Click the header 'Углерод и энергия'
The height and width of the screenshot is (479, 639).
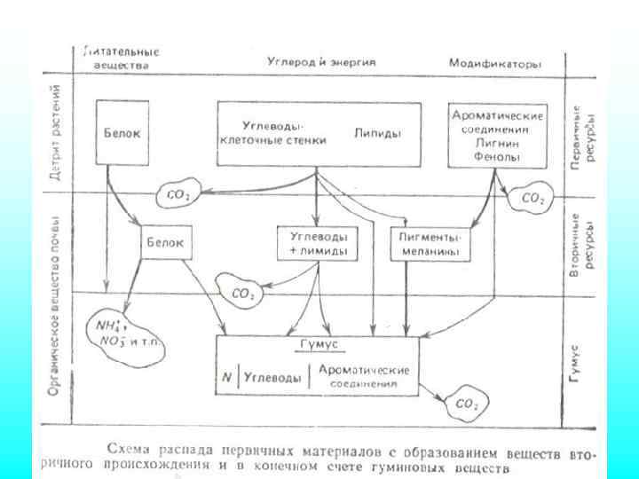[320, 63]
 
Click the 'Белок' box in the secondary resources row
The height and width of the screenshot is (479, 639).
[167, 241]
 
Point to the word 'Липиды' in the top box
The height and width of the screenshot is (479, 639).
[377, 134]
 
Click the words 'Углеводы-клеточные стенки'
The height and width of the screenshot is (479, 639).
[284, 133]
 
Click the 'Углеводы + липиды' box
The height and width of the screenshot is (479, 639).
[317, 245]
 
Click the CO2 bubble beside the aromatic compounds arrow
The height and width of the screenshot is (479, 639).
[532, 199]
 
